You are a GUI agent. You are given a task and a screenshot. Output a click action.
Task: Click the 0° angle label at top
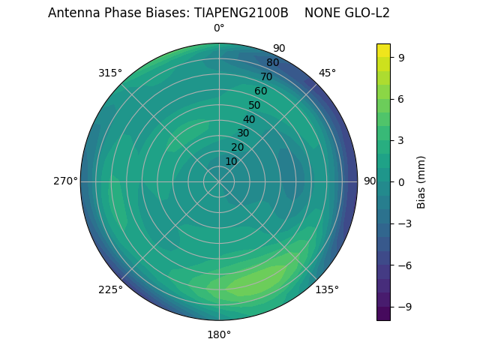[219, 28]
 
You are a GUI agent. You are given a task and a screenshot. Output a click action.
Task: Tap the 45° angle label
[327, 73]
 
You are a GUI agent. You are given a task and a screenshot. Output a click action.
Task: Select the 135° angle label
[327, 289]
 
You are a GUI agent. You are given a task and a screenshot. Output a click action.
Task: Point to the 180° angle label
[219, 334]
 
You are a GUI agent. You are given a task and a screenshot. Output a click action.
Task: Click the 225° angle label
[110, 289]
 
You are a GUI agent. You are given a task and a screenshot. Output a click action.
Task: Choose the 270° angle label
[65, 181]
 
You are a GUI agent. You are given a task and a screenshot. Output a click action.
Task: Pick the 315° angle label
[110, 73]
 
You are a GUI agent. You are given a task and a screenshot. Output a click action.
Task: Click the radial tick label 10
[231, 161]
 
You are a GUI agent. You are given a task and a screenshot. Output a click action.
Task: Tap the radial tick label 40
[249, 119]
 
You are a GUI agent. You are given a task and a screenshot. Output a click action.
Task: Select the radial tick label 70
[266, 76]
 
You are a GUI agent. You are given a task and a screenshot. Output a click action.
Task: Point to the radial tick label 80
[272, 62]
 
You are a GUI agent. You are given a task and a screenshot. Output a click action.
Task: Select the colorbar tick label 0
[402, 181]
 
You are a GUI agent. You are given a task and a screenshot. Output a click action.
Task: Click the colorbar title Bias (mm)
[421, 181]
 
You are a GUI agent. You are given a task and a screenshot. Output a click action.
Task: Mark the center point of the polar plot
[219, 181]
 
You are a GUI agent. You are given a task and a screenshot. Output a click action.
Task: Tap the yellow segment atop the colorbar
[383, 50]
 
